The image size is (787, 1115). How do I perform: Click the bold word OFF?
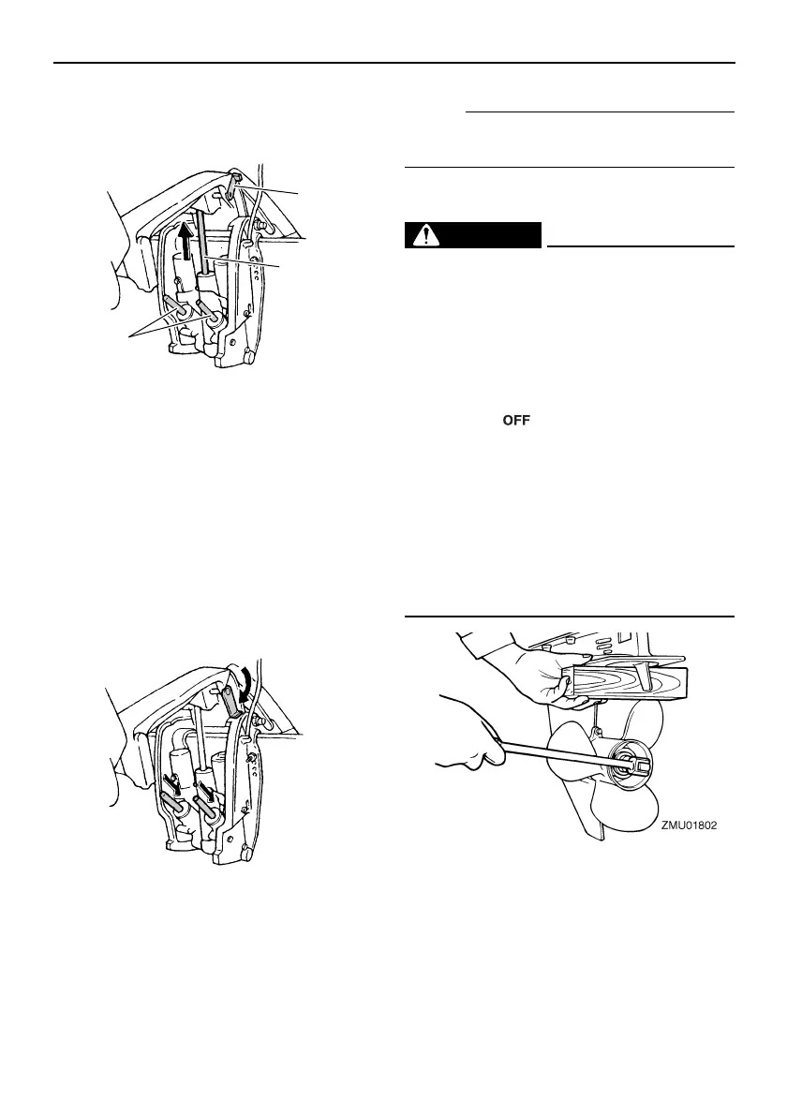pos(517,423)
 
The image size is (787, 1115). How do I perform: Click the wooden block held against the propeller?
pos(626,675)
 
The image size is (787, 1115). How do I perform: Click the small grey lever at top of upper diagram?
pos(231,187)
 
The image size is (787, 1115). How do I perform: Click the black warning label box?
pos(474,235)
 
